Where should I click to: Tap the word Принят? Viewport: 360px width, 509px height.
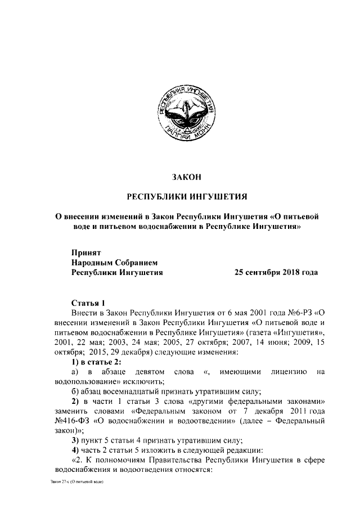click(x=85, y=253)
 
